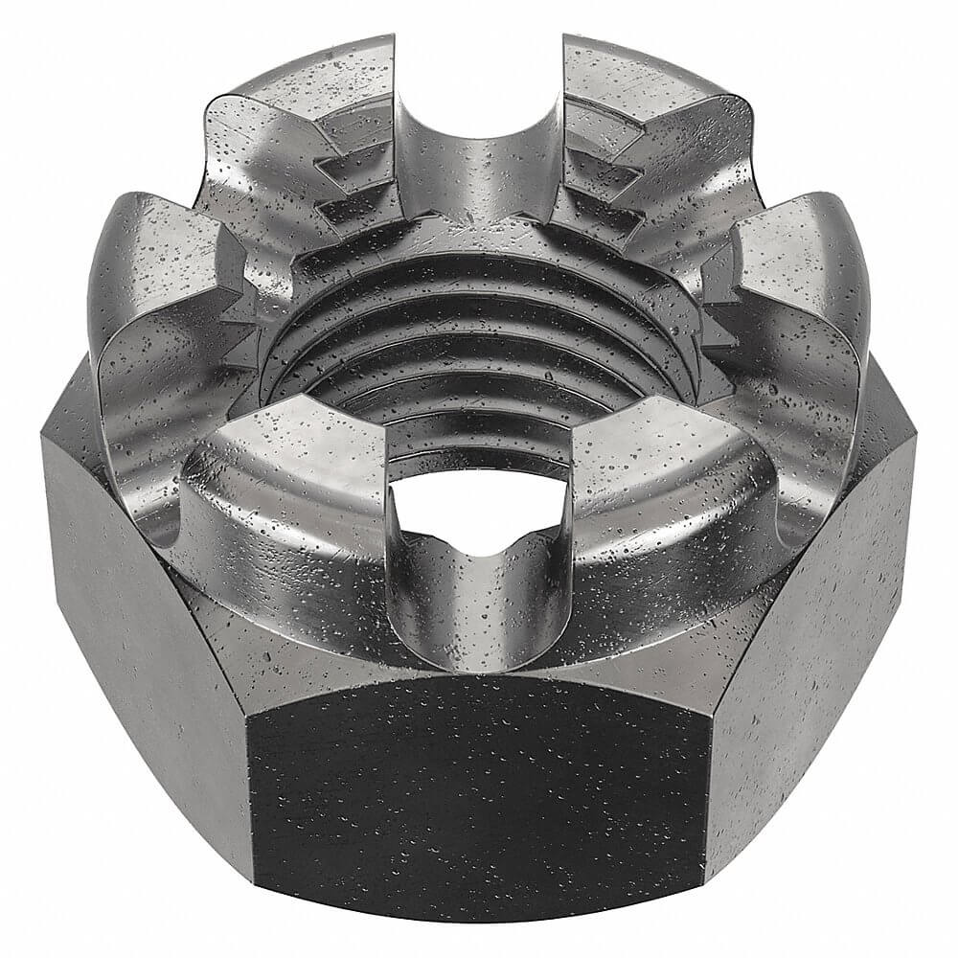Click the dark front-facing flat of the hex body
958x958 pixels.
[479, 786]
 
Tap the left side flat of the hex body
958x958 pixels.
[144, 613]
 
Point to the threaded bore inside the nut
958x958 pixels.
[479, 354]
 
